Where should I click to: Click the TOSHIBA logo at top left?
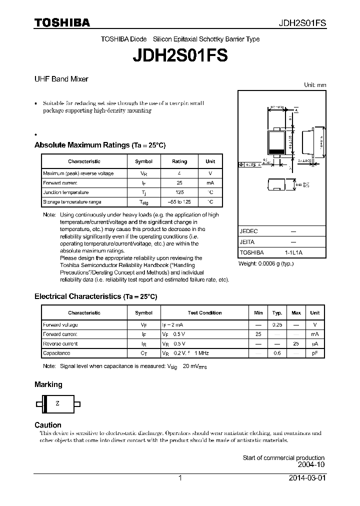[62, 22]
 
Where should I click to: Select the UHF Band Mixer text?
[61, 79]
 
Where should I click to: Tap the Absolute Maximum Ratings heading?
[99, 145]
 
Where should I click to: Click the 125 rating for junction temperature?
[179, 192]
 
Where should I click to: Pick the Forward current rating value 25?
[179, 183]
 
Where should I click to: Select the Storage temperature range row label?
[72, 202]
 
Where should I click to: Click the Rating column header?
[179, 161]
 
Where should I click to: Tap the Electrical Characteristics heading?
[95, 296]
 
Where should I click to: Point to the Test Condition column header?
[204, 313]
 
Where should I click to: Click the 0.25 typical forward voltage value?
[277, 325]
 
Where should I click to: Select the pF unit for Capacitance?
[314, 353]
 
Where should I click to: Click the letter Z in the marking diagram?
[57, 403]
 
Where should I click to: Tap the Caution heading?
[48, 425]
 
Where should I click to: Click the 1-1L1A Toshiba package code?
[293, 253]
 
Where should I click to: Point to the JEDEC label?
[248, 231]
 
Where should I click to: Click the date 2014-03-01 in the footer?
[307, 478]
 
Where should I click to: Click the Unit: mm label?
[315, 85]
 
